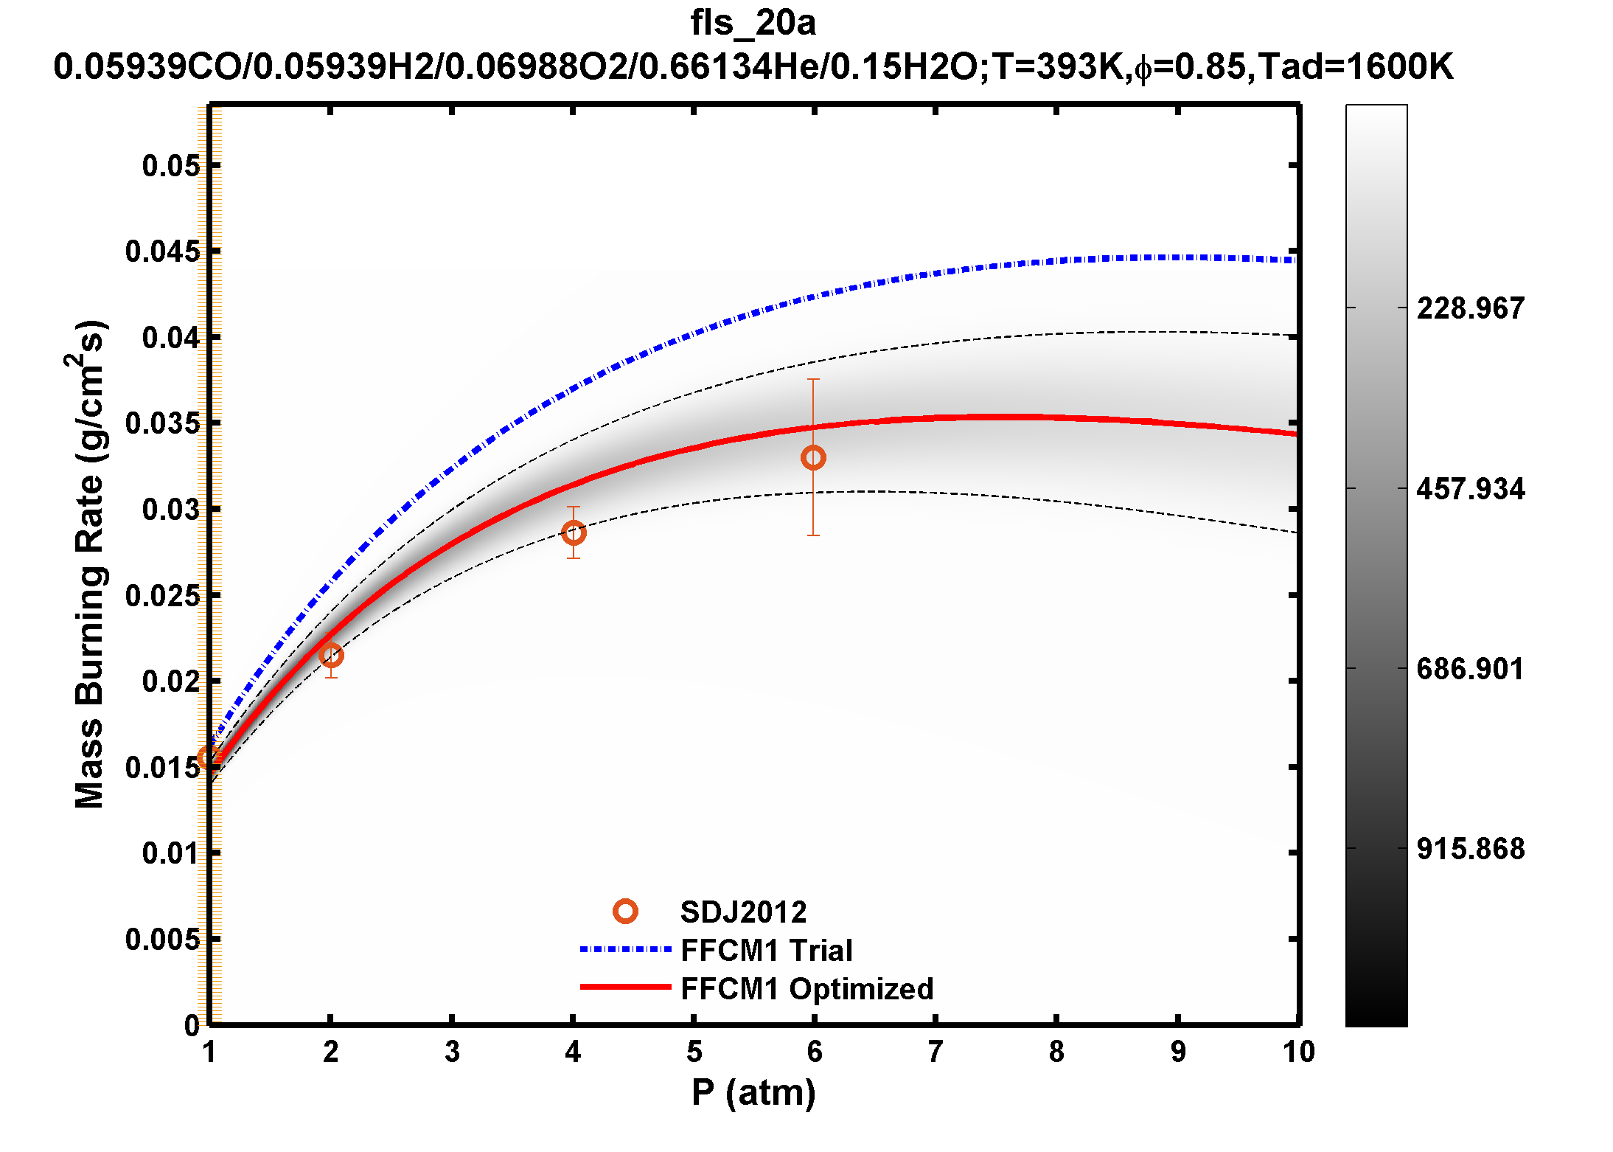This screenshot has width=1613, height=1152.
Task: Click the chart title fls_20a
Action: coord(753,23)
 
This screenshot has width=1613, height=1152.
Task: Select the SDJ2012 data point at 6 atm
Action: coord(813,458)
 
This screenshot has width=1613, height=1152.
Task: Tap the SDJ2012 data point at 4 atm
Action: coord(574,532)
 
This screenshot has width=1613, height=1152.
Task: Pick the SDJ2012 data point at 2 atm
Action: coord(331,655)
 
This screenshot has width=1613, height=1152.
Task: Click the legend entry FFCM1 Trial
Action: coord(766,951)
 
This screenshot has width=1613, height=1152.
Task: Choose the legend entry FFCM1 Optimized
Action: coord(806,989)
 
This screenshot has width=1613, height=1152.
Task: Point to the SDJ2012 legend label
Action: coord(743,912)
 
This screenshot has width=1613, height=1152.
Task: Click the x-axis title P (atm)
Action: coord(753,1092)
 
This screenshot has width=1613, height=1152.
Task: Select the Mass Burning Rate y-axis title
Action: coord(90,564)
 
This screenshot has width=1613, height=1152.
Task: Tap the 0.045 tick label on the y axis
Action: coord(162,251)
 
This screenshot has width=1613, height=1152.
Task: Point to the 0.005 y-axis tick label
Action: coord(162,940)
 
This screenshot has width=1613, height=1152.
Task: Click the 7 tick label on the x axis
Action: coord(935,1052)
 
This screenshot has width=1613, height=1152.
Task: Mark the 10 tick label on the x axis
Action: coord(1298,1052)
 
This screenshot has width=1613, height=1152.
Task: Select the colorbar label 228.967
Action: coord(1470,308)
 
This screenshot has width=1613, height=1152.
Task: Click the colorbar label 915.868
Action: coord(1470,849)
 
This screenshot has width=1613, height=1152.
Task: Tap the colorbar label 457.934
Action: coord(1470,489)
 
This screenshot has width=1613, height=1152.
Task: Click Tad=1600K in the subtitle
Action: coord(1355,67)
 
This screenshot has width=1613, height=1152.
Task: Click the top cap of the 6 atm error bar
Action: coord(813,379)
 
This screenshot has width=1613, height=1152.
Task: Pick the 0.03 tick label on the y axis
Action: coord(170,510)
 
